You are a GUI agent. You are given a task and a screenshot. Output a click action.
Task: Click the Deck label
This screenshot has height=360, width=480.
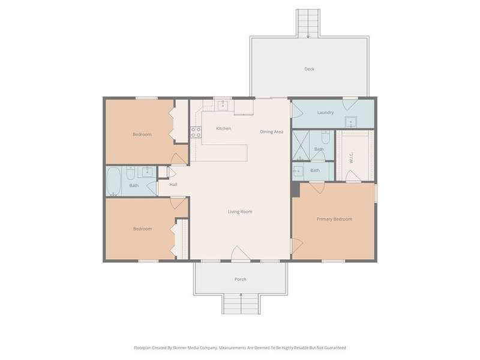tap(309, 69)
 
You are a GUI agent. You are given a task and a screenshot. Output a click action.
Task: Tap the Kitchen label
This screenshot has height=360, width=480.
tap(223, 128)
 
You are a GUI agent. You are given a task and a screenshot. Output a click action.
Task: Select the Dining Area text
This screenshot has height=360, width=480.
tap(272, 132)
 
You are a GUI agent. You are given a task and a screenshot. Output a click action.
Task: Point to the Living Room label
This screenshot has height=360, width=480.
tap(240, 212)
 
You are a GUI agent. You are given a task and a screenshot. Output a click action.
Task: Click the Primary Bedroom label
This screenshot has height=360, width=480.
tap(334, 219)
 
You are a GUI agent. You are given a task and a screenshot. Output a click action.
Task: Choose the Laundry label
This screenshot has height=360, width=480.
tap(325, 113)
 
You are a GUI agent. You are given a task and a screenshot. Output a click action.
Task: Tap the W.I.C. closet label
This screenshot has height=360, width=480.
tap(351, 158)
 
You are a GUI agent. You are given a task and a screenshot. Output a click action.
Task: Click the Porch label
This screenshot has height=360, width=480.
tap(241, 279)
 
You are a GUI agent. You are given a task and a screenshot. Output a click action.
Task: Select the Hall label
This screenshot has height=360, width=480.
tap(173, 184)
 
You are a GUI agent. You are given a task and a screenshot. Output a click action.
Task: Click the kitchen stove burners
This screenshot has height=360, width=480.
tap(196, 132)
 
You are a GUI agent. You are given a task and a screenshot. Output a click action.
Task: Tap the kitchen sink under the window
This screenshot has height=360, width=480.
tap(223, 106)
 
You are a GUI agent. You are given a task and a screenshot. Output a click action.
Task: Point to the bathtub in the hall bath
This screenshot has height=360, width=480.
tap(113, 181)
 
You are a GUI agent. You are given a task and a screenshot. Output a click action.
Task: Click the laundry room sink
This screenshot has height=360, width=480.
tap(351, 122)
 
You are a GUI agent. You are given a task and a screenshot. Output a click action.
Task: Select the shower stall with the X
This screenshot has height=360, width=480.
tap(301, 145)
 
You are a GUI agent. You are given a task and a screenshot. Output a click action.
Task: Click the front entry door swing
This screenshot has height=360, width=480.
tap(241, 253)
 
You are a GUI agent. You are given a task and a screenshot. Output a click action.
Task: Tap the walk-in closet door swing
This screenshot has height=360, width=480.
tap(353, 176)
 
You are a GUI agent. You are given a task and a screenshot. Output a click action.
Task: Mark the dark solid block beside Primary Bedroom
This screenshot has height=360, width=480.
tap(295, 190)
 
